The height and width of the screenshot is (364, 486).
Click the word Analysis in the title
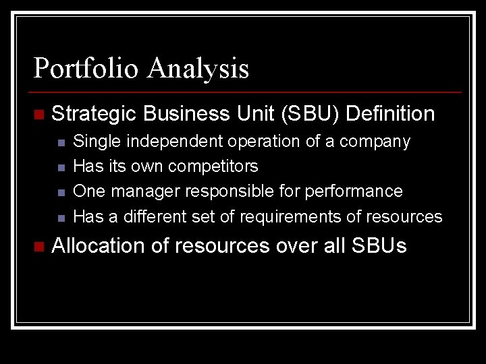[x=199, y=69]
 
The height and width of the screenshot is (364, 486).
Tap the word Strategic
[x=94, y=114]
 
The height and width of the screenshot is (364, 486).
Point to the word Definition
[x=390, y=114]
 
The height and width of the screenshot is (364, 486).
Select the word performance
[x=354, y=191]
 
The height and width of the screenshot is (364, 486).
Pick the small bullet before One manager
[x=61, y=193]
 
